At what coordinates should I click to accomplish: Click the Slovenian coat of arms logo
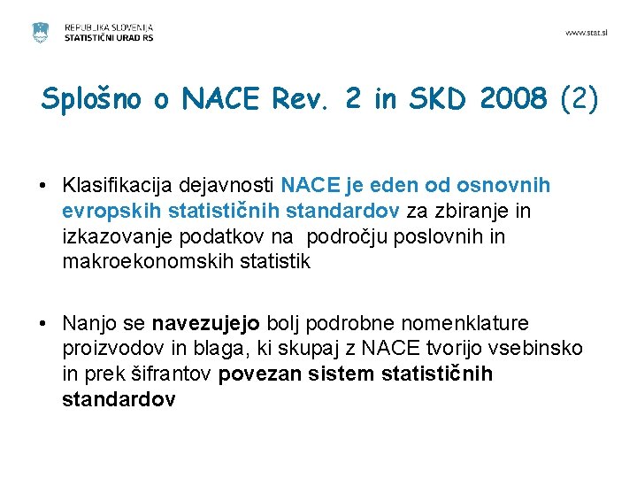pos(40,34)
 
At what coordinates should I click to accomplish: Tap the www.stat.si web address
pos(587,33)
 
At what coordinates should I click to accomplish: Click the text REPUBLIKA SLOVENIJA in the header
pos(108,28)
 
